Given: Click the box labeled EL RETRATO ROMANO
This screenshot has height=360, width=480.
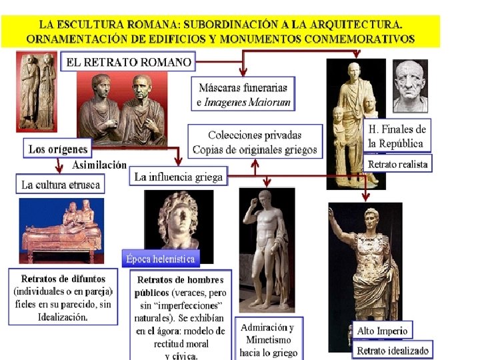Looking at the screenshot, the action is (x=129, y=63).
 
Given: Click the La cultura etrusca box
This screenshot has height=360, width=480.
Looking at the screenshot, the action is (x=61, y=184).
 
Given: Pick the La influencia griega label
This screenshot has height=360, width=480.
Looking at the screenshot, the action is (x=178, y=177).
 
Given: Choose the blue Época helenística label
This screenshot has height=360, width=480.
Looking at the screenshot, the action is (x=161, y=258).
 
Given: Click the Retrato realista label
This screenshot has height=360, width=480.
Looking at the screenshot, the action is (x=398, y=163).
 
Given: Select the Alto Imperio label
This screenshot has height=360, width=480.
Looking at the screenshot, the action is (x=383, y=330).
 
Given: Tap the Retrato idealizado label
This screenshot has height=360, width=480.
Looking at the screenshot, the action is (x=393, y=351).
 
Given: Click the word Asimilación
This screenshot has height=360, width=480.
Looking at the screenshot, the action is (x=99, y=165).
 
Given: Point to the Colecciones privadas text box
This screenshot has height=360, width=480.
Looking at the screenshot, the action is (x=255, y=141).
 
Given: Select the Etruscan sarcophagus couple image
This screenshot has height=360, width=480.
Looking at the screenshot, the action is (x=61, y=231).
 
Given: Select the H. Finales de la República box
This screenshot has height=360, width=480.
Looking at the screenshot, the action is (x=397, y=136).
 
